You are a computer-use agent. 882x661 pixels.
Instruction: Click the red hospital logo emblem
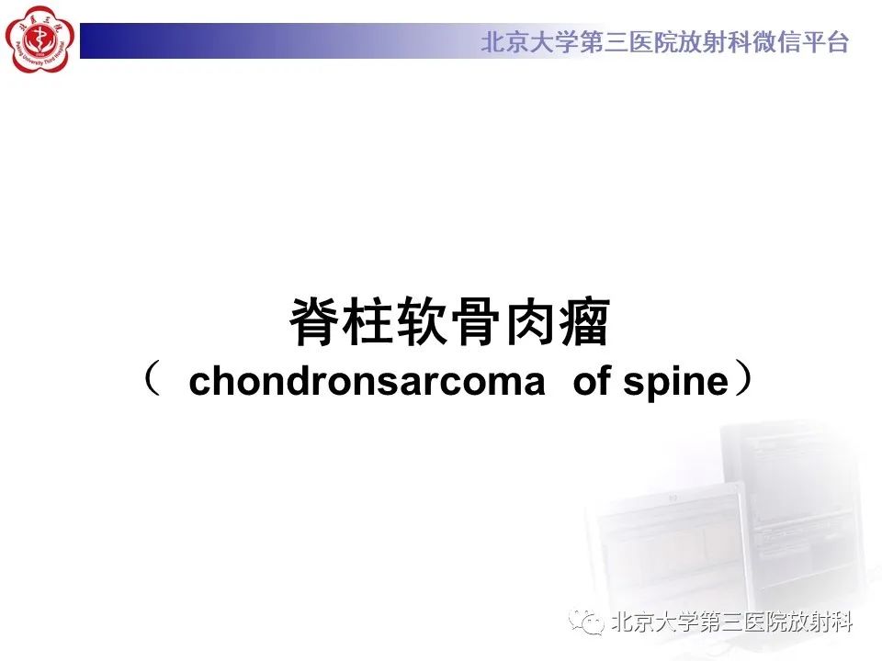pyautogui.click(x=38, y=39)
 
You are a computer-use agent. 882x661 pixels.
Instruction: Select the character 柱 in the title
pyautogui.click(x=369, y=322)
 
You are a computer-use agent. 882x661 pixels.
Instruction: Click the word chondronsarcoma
pyautogui.click(x=367, y=382)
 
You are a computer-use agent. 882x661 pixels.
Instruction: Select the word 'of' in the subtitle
pyautogui.click(x=594, y=382)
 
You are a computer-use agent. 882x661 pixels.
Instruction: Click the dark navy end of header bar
pyautogui.click(x=101, y=41)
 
